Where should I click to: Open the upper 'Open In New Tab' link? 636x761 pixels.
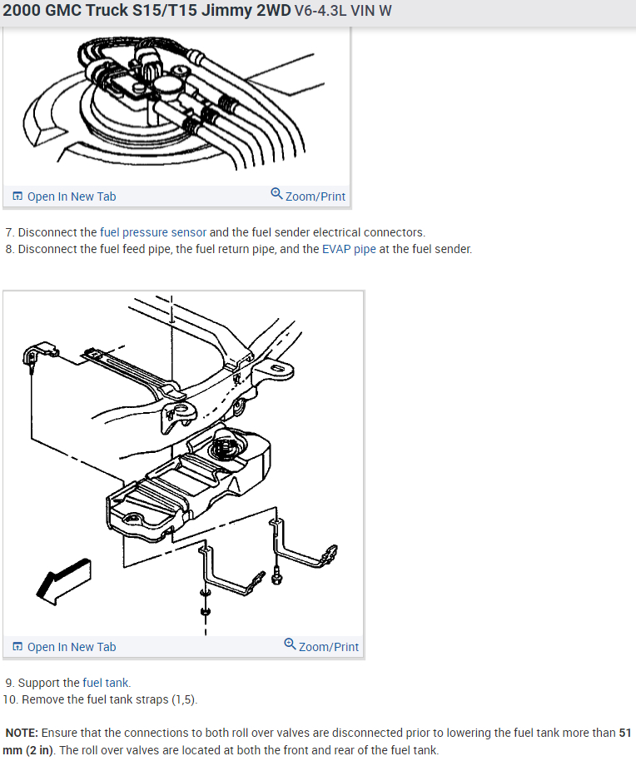pyautogui.click(x=72, y=196)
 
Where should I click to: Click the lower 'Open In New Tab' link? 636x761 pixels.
pyautogui.click(x=72, y=647)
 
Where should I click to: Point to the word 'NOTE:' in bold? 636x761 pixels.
pyautogui.click(x=22, y=734)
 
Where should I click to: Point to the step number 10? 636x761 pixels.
pyautogui.click(x=10, y=699)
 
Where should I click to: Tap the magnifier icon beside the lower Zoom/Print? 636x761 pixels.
pyautogui.click(x=290, y=645)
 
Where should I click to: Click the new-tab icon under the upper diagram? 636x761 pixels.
pyautogui.click(x=17, y=196)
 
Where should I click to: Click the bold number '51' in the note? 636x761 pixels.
pyautogui.click(x=625, y=734)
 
